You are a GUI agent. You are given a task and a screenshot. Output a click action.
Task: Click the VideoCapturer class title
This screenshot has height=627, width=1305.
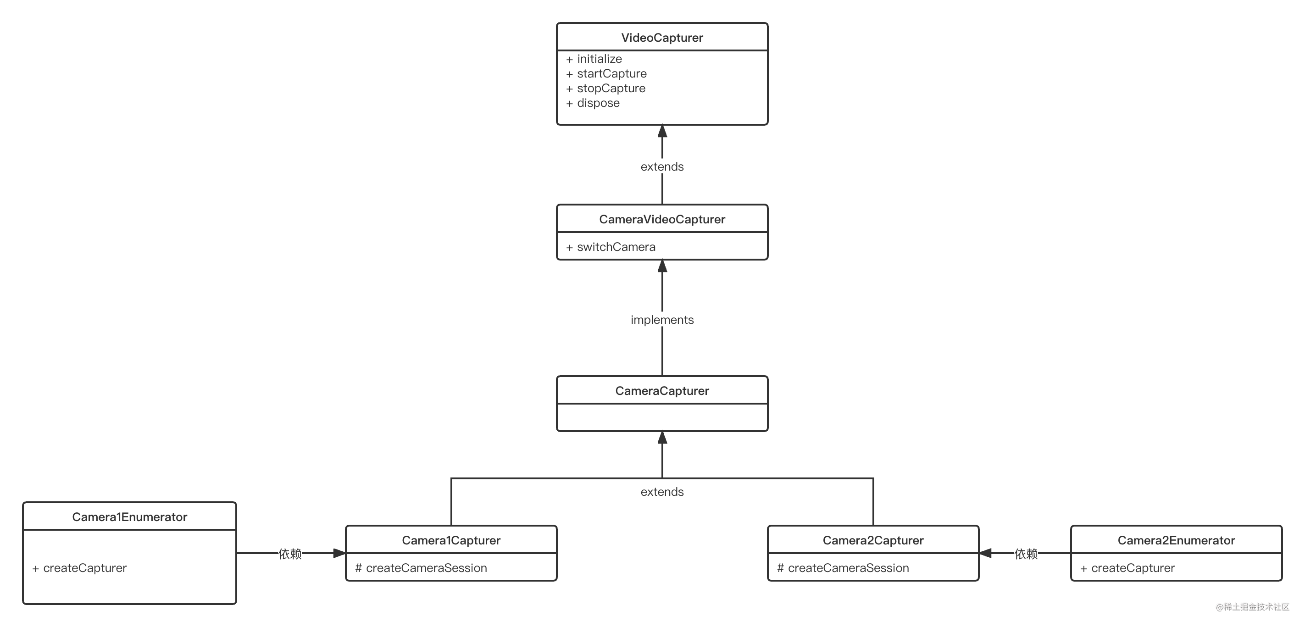point(661,38)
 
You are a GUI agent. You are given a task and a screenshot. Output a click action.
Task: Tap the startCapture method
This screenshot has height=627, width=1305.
point(611,74)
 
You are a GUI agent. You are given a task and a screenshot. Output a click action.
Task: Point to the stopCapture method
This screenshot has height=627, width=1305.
point(611,89)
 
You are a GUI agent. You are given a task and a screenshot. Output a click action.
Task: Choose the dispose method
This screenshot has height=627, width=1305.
point(598,103)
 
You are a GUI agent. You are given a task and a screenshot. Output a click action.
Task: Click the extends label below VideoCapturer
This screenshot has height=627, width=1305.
point(661,166)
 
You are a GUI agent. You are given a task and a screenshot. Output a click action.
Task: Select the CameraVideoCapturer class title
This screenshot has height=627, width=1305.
point(661,219)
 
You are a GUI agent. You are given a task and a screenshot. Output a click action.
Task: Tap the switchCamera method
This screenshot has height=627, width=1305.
point(616,247)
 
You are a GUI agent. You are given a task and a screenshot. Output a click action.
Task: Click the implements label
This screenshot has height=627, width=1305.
point(661,320)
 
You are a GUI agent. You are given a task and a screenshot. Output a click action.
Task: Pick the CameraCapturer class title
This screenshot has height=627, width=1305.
point(661,391)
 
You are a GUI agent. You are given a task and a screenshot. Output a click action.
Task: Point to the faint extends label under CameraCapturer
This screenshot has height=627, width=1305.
point(661,492)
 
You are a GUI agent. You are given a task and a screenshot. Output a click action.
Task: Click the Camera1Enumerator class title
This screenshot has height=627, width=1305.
point(130,517)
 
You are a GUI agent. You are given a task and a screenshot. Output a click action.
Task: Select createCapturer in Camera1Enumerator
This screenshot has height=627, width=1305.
point(84,568)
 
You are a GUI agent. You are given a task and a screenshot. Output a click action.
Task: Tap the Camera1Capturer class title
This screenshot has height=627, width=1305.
point(451,540)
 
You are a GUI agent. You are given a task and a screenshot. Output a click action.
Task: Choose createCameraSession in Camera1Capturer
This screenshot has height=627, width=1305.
point(426,568)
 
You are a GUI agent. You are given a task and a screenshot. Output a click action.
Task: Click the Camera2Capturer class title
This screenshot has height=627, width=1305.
point(873,540)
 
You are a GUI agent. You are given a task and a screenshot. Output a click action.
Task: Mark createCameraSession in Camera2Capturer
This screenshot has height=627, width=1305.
point(848,568)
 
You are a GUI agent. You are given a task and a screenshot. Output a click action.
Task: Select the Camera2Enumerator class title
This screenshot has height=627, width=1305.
point(1176,540)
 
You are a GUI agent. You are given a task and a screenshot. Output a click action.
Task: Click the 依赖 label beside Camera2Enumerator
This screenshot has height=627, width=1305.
point(1026,554)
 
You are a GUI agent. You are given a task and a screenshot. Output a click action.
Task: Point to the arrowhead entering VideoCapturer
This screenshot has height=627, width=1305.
point(662,131)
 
